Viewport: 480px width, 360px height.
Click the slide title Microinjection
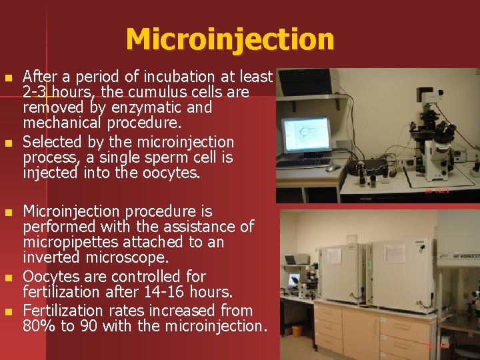[229, 39]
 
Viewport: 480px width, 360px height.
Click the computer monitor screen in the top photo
[306, 135]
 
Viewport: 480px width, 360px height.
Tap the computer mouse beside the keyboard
[331, 168]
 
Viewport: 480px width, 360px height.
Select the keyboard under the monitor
[303, 163]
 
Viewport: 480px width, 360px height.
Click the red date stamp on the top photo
[437, 191]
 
